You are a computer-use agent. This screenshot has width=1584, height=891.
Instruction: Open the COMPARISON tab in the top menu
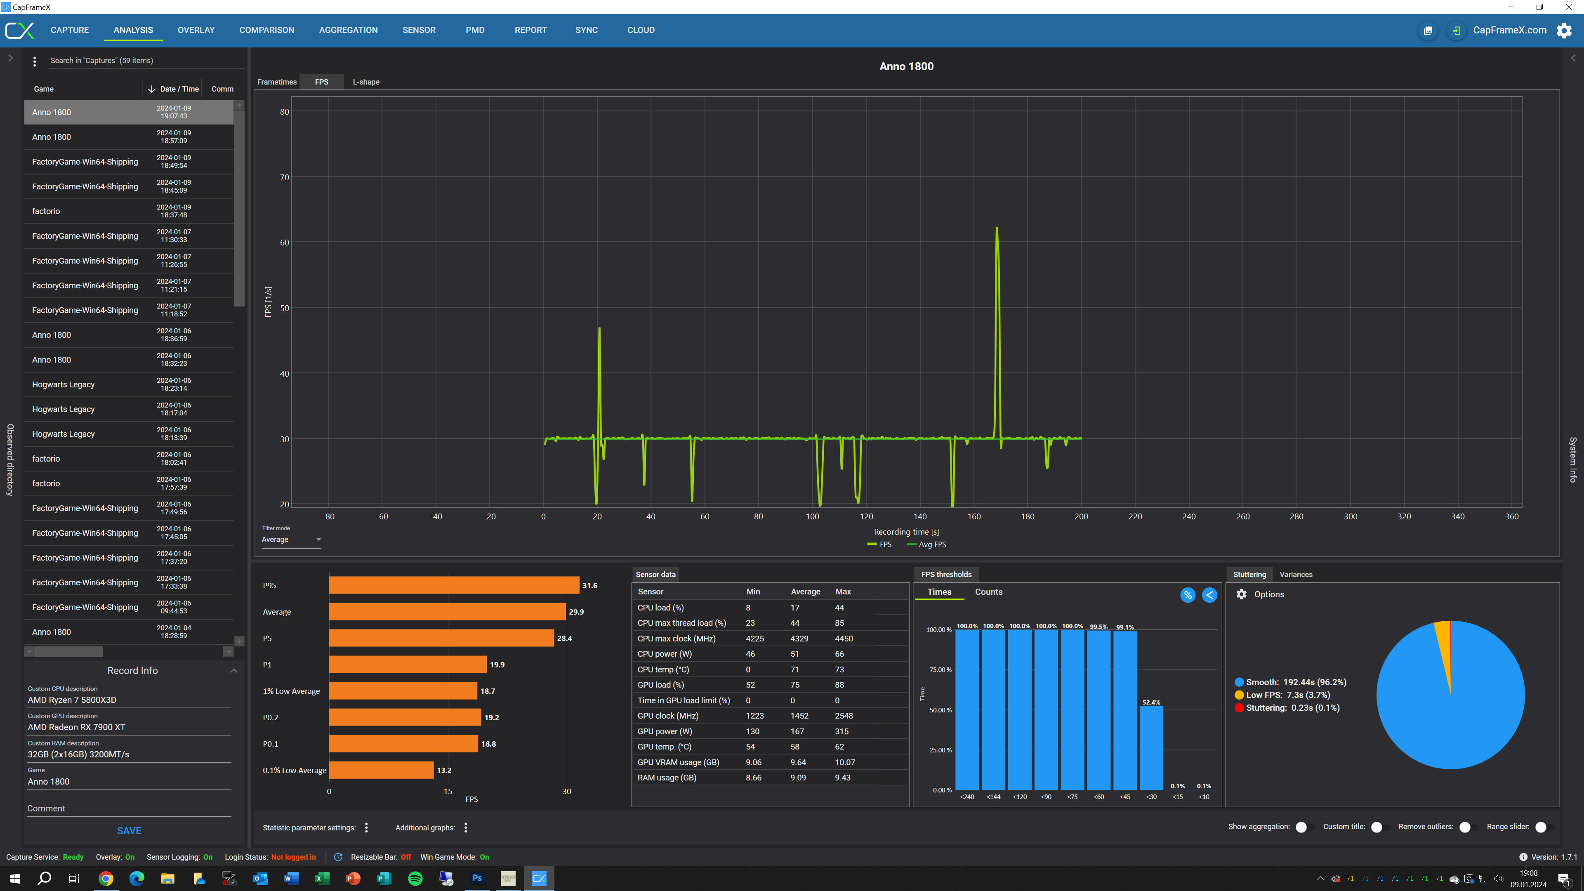pos(267,30)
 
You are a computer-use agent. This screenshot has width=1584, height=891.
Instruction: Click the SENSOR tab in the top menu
pos(419,30)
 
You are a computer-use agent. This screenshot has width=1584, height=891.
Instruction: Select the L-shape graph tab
pos(366,82)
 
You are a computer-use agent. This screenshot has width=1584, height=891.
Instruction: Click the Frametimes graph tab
pos(277,82)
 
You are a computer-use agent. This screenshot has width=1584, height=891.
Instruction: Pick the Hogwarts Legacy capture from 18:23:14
pos(129,384)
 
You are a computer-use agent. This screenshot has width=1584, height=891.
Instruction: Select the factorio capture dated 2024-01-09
pos(129,211)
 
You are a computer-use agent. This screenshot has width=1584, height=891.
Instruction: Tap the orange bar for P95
pos(454,585)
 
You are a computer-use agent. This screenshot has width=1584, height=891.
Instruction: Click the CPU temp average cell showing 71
pos(794,669)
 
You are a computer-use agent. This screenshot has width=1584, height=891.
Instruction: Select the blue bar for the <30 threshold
pos(1151,748)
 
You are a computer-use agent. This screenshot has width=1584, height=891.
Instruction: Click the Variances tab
pos(1296,574)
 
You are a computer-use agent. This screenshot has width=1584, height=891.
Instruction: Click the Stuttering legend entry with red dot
pos(1287,708)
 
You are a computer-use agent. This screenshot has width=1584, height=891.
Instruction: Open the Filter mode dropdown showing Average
pos(291,539)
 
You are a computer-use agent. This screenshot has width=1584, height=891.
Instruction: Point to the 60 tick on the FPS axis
pos(284,242)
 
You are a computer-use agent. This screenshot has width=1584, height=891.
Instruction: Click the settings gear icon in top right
pos(1564,30)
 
